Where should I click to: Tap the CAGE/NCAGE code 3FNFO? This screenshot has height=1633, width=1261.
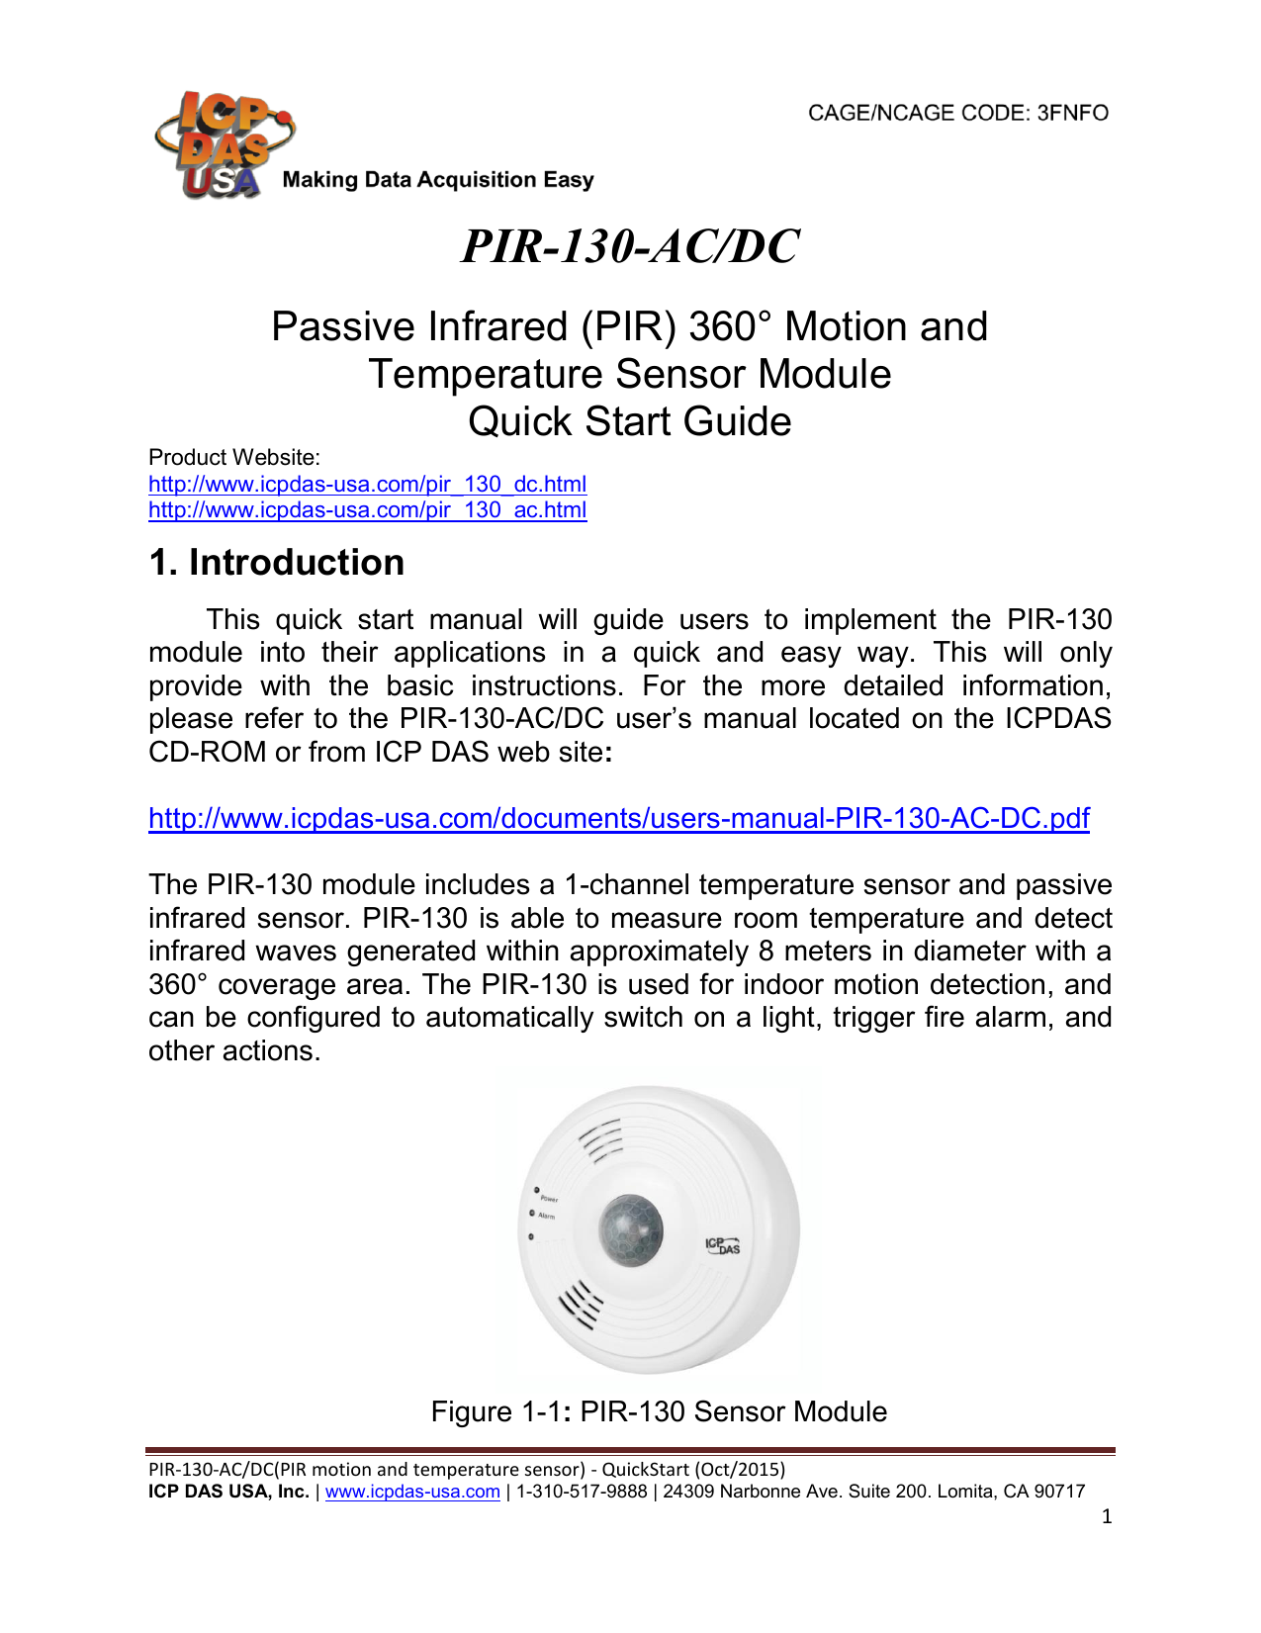click(957, 113)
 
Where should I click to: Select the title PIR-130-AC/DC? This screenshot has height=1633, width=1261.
click(630, 246)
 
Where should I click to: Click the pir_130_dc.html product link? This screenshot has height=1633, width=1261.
click(367, 484)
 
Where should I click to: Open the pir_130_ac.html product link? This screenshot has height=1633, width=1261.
click(367, 510)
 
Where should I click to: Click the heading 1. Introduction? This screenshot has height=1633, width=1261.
click(276, 562)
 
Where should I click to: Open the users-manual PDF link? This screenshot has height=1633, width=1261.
click(618, 818)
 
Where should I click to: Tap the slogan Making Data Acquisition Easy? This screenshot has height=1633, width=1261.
click(438, 180)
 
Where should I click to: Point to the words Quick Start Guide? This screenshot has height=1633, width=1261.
click(629, 421)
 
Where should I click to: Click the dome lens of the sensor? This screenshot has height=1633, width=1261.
click(630, 1230)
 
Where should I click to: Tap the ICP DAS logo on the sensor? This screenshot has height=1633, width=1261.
click(722, 1245)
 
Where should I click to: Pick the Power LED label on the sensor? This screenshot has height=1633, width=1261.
click(549, 1199)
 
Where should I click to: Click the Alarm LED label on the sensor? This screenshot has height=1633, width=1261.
click(546, 1216)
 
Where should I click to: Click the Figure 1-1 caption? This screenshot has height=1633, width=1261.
click(659, 1411)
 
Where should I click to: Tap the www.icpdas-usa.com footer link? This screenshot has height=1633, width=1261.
click(412, 1492)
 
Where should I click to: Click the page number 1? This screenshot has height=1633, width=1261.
click(1107, 1516)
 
